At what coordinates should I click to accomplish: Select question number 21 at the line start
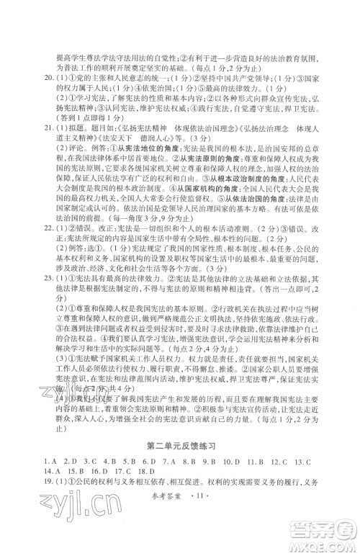click(x=49, y=144)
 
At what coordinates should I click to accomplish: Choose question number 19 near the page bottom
click(x=49, y=487)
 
